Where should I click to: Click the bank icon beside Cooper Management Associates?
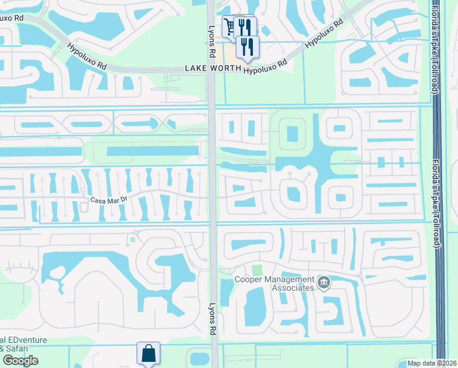pos(325,283)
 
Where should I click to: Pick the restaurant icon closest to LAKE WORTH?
pos(247,46)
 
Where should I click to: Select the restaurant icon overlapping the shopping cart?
pos(244,26)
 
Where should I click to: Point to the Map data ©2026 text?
pos(432,363)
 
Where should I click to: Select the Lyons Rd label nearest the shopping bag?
pos(213,320)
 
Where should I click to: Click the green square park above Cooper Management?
pos(257,270)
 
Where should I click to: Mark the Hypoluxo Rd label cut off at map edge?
pos(12,17)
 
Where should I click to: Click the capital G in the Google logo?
pos(7,360)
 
